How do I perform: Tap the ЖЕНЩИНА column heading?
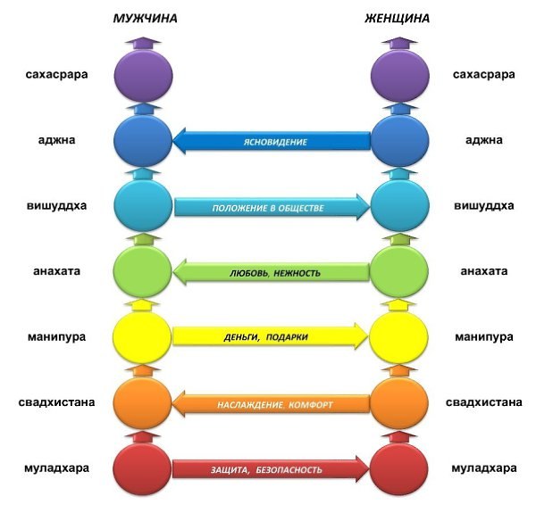[x=398, y=19]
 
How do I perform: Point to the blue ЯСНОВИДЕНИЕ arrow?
[x=272, y=141]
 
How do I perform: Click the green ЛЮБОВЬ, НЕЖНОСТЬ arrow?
[x=272, y=272]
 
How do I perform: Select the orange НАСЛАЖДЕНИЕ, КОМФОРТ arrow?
[x=272, y=403]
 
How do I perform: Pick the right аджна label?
[x=483, y=140]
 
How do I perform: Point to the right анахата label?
[x=483, y=271]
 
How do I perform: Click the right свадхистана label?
[x=483, y=402]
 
